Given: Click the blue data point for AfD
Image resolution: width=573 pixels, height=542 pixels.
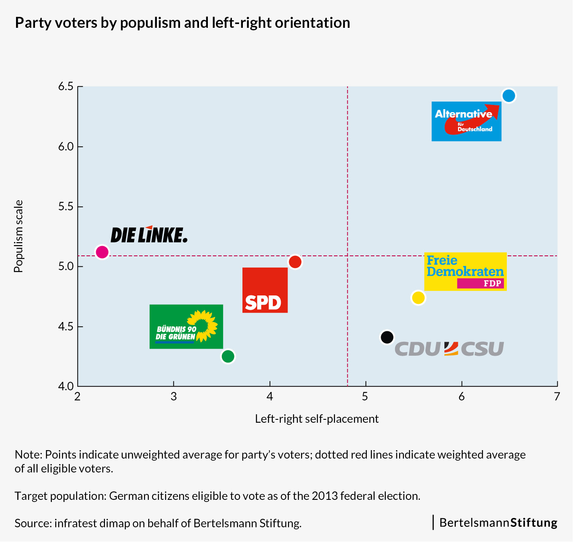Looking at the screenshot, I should [509, 96].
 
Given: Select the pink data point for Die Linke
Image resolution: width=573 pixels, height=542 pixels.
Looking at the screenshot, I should [102, 252].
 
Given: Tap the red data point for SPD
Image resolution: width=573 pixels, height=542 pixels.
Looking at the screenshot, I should [295, 262].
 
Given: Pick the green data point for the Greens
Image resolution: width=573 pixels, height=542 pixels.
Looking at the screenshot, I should [228, 356].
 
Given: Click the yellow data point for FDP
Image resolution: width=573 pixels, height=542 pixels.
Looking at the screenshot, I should [418, 298].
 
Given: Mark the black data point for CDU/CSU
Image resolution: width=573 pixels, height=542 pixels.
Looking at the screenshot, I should [387, 337].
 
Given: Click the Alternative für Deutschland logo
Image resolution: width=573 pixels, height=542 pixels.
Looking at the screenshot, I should [466, 121].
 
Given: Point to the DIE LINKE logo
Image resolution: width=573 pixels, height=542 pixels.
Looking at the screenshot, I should [149, 234].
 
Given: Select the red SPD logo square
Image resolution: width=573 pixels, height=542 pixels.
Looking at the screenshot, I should [265, 290].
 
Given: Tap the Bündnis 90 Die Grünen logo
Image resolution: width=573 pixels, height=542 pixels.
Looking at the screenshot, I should [186, 327].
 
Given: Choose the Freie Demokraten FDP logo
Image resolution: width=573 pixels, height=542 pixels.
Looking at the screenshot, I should [465, 271].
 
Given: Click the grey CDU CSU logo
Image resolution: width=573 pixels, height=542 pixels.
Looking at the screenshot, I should [449, 349].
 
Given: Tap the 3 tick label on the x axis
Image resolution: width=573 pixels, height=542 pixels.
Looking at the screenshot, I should [173, 397].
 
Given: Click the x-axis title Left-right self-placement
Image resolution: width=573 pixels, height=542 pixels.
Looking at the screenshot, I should [317, 419].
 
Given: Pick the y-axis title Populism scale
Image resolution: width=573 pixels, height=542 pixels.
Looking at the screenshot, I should [18, 236].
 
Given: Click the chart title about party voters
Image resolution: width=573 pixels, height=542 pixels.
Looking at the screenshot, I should [182, 23].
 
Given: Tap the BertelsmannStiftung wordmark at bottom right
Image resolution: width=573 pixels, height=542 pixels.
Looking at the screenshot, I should [498, 523].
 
